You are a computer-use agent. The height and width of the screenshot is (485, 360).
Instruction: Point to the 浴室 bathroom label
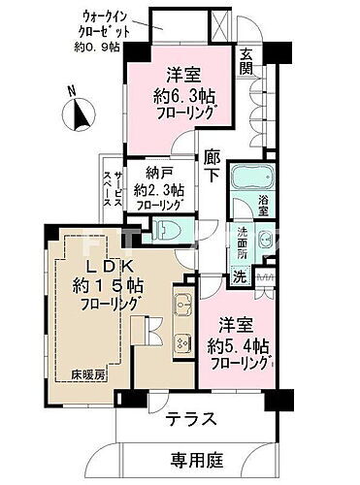(264, 205)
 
